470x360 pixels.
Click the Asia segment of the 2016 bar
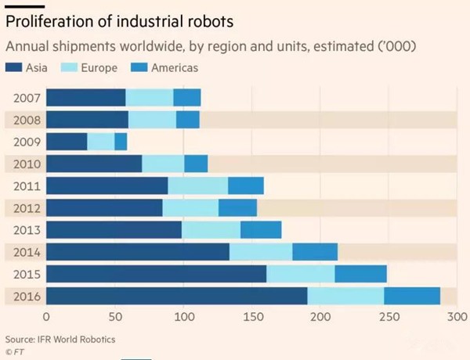click(x=176, y=297)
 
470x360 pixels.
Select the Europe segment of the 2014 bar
click(x=261, y=252)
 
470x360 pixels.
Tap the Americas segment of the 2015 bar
click(x=360, y=274)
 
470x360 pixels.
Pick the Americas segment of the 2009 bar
click(x=121, y=142)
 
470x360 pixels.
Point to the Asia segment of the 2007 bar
click(x=85, y=98)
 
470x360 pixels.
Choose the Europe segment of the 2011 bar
click(x=197, y=186)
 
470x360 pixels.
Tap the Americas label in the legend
click(x=175, y=68)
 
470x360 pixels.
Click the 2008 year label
click(x=27, y=120)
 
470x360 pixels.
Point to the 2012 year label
click(x=27, y=208)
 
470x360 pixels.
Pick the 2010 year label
click(x=27, y=164)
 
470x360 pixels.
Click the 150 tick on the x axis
click(x=251, y=318)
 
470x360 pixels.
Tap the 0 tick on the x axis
click(x=46, y=318)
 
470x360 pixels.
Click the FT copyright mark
click(x=16, y=351)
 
